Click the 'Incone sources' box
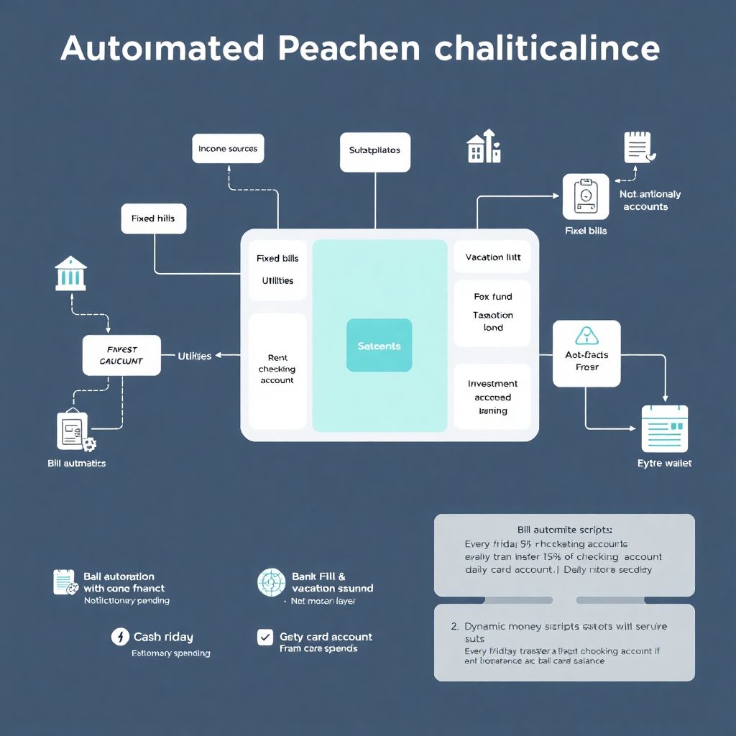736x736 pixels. point(228,149)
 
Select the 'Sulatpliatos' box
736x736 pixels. point(374,152)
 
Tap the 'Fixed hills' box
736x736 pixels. point(153,218)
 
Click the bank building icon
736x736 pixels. point(70,273)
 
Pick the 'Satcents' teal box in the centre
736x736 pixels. point(379,346)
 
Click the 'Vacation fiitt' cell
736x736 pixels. point(492,257)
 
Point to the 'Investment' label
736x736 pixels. point(492,384)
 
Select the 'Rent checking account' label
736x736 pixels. point(277,369)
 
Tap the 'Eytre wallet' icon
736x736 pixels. point(664,428)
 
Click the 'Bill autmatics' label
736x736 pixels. point(76,464)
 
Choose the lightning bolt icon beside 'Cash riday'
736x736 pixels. point(120,637)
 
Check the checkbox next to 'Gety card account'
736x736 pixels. point(265,637)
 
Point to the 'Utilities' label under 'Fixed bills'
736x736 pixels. point(277,281)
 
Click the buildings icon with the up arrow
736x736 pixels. point(484,147)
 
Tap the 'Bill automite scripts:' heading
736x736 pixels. point(564,529)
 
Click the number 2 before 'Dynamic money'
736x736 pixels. point(454,627)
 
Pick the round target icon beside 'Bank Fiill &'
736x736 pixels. point(271,582)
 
